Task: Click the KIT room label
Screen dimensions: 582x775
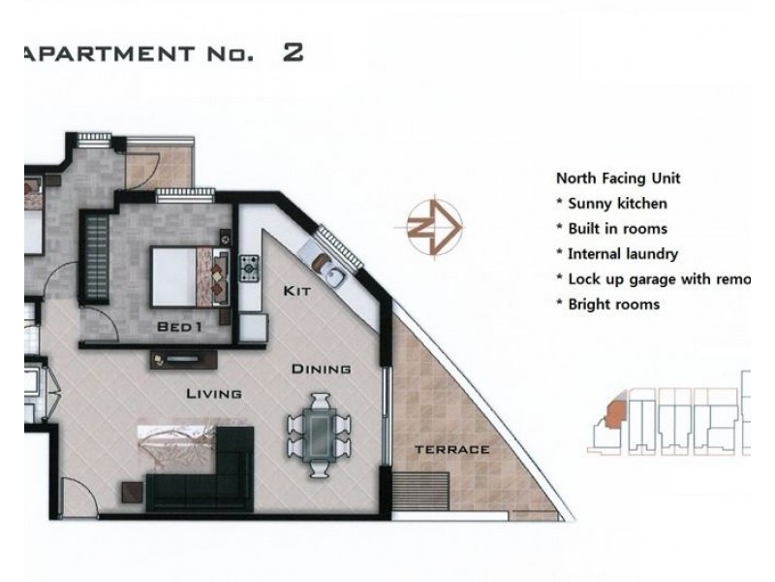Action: point(295,291)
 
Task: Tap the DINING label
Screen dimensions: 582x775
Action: point(321,370)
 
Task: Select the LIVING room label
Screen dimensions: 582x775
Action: point(214,393)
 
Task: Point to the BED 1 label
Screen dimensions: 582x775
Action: point(179,328)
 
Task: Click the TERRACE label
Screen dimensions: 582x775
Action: point(451,450)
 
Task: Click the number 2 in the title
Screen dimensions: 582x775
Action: point(293,52)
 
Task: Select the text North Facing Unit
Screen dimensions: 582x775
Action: point(618,178)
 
